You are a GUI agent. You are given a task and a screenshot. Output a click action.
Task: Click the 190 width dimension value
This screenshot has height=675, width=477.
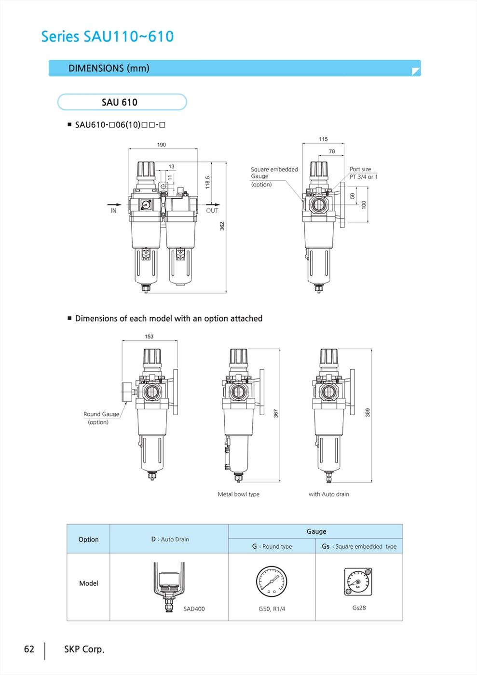tap(162, 145)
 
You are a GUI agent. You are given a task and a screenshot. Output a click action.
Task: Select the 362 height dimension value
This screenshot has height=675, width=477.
tap(222, 226)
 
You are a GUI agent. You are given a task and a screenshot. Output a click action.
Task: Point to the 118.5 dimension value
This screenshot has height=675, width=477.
tap(207, 182)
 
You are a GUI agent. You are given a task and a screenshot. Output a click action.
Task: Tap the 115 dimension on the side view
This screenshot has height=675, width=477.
tap(323, 139)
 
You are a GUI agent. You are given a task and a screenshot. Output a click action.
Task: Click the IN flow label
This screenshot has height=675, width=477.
tap(113, 211)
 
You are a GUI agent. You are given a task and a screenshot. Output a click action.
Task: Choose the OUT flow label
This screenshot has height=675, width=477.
tap(212, 211)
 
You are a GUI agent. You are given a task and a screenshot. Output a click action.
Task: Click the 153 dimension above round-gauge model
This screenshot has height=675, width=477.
tap(149, 337)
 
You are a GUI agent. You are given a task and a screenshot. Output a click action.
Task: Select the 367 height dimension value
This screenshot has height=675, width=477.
tap(276, 414)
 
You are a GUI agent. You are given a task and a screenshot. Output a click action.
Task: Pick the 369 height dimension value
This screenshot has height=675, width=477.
tap(368, 413)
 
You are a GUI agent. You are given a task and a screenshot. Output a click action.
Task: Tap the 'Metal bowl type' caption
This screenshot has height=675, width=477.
tap(238, 494)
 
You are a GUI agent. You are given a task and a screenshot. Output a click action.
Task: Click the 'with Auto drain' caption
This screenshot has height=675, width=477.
tap(328, 494)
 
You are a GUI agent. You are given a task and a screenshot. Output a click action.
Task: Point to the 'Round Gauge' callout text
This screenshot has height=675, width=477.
tap(101, 414)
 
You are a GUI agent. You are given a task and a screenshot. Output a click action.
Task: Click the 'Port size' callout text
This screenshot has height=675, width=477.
tap(360, 169)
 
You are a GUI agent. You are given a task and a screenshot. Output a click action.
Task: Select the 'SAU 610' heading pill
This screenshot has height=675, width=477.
tap(122, 102)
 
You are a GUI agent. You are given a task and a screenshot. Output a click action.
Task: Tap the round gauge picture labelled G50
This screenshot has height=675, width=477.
tap(272, 581)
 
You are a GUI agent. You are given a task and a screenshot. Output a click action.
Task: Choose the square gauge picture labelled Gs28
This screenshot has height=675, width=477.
tap(358, 581)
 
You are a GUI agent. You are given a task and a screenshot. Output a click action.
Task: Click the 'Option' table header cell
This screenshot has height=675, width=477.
tap(88, 540)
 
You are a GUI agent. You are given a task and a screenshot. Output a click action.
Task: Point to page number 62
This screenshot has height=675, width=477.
tap(29, 649)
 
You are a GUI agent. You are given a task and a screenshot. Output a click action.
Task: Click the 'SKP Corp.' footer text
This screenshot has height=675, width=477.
tap(84, 649)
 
